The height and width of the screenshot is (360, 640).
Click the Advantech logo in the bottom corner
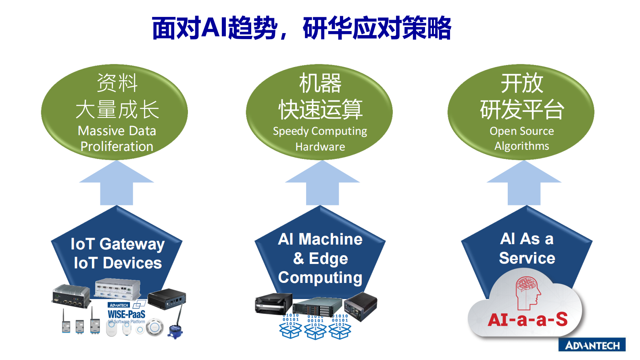(x=592, y=345)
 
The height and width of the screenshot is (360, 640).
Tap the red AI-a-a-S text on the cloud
(x=527, y=320)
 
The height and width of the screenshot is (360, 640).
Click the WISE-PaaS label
(x=126, y=314)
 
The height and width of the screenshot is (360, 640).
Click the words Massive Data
(x=117, y=131)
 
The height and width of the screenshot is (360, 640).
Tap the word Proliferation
(x=117, y=147)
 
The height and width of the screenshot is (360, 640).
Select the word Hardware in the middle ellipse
(x=320, y=147)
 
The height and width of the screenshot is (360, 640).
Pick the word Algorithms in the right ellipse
(x=522, y=146)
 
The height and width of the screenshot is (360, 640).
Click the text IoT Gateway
(x=117, y=244)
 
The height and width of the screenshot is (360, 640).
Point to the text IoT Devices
(x=118, y=263)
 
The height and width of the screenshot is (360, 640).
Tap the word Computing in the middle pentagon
(x=320, y=278)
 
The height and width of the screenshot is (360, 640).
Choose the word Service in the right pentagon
(x=527, y=258)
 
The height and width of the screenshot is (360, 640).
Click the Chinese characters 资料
(x=117, y=83)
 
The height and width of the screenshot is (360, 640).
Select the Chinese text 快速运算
(x=321, y=110)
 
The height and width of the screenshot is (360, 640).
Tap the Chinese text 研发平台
(x=522, y=110)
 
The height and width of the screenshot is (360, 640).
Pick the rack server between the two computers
(x=317, y=307)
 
